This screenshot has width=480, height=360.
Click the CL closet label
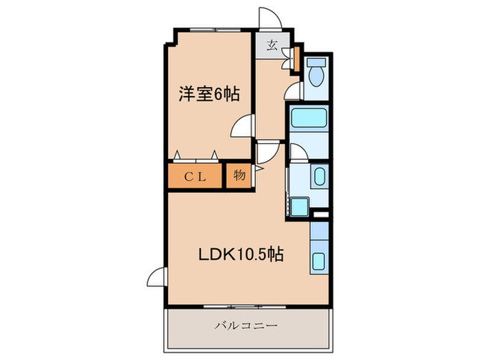tap(195, 175)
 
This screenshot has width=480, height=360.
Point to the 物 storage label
tap(239, 175)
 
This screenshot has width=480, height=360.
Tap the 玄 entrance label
tap(272, 47)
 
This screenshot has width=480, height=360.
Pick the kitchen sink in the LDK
tap(320, 261)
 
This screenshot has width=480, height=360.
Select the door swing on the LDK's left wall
tap(156, 277)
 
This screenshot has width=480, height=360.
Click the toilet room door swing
tap(293, 91)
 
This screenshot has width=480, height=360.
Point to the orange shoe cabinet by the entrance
tap(296, 58)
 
